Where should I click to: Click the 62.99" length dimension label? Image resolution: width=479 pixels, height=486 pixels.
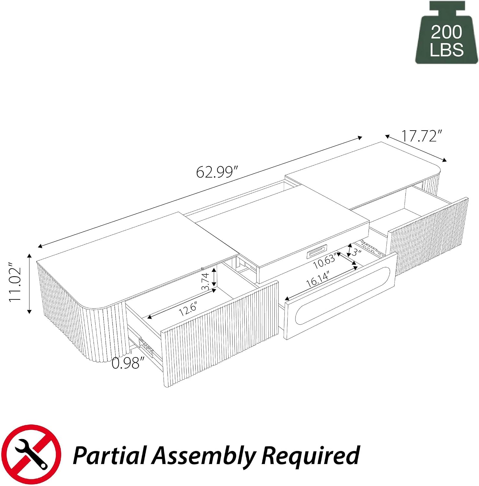coord(217,172)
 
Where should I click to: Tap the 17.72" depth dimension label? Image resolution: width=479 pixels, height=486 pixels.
coord(422,136)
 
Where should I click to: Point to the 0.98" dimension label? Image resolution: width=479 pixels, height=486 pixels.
coord(126,363)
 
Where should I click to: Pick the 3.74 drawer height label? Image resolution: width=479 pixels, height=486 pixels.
coord(205,282)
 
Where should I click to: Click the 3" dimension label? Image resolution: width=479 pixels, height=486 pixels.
coord(357,252)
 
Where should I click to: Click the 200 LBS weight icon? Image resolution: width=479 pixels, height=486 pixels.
coord(446,33)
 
